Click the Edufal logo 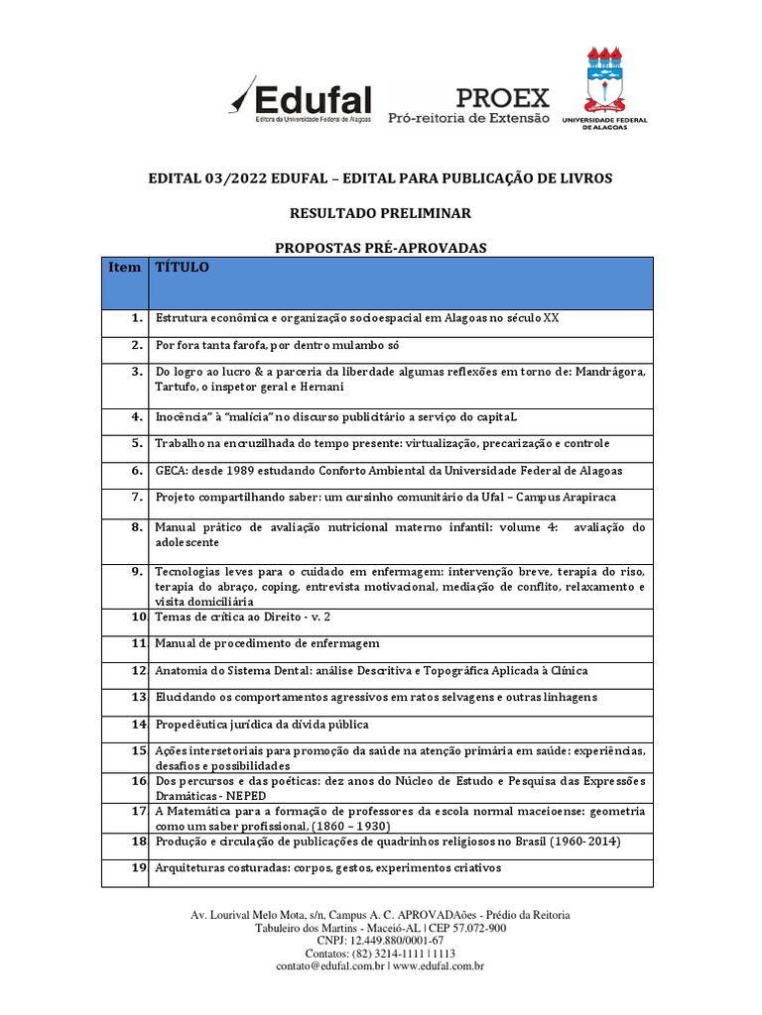click(300, 100)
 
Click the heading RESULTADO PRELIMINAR click(380, 213)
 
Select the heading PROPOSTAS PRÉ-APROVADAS click(380, 248)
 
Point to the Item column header click(125, 268)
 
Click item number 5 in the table click(138, 443)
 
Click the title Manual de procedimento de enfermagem click(267, 643)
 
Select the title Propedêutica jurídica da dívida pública click(262, 725)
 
